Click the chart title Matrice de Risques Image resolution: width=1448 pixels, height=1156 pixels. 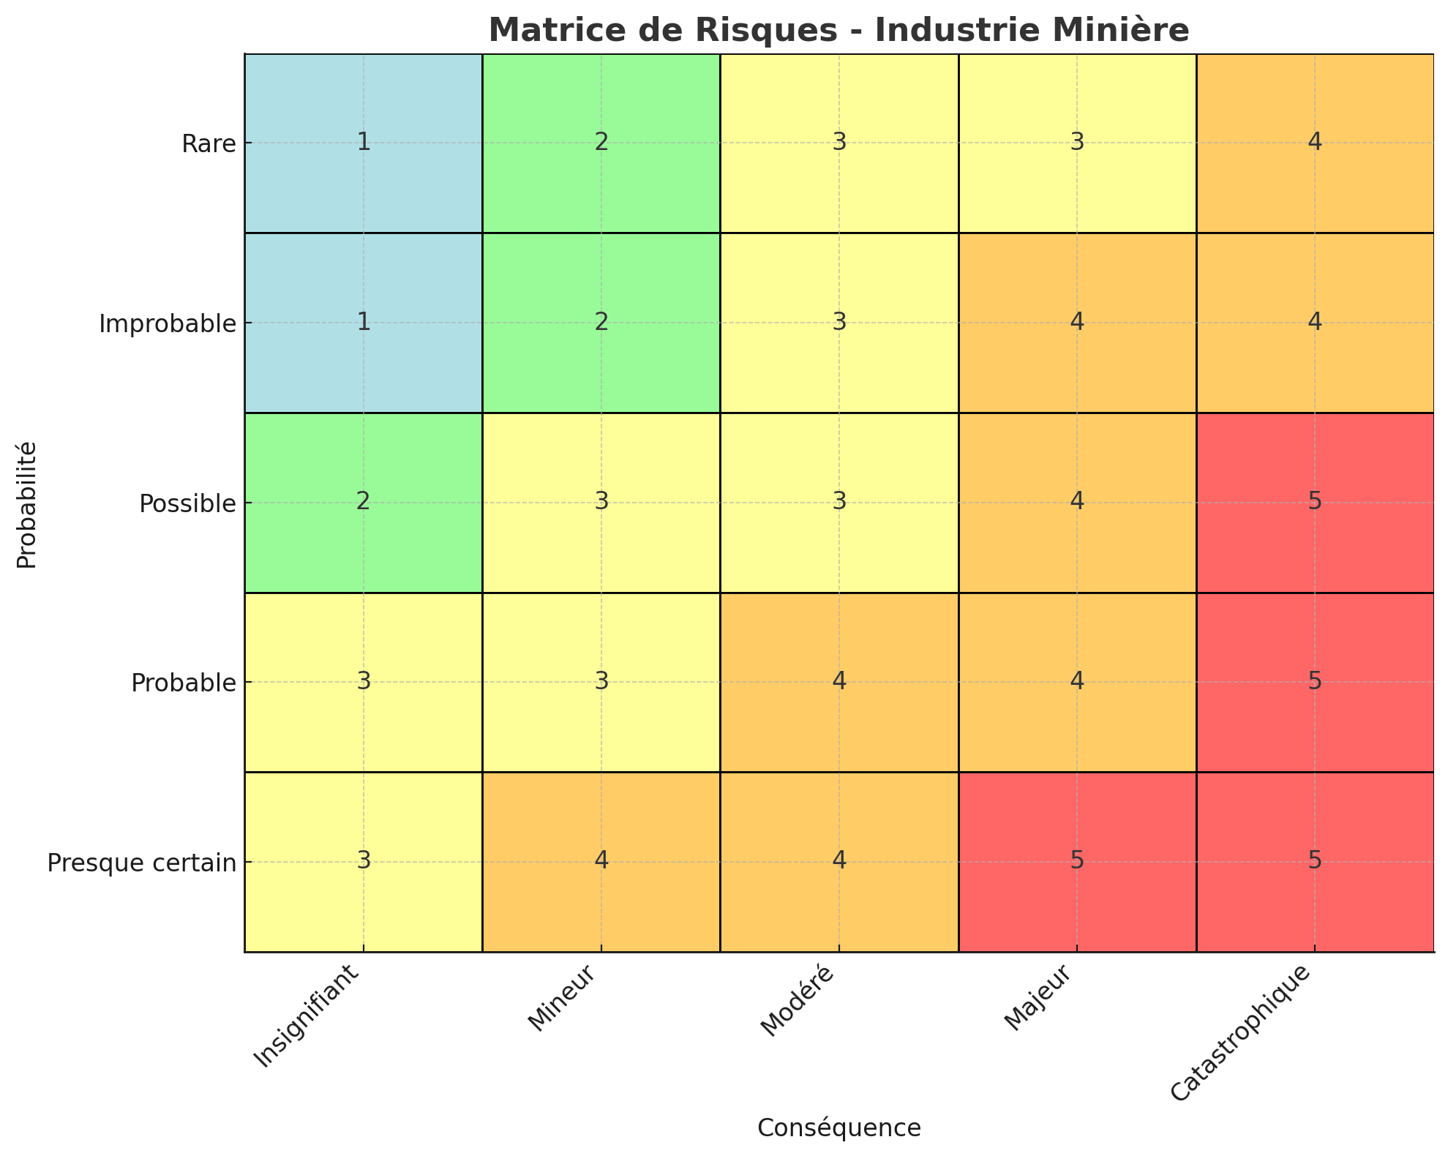point(839,31)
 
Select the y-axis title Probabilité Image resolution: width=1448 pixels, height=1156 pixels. point(27,503)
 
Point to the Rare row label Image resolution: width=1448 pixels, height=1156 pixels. point(209,143)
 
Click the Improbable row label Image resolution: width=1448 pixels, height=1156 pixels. point(168,323)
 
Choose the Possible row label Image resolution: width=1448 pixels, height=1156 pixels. point(187,503)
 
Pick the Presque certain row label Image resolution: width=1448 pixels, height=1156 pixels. point(142,863)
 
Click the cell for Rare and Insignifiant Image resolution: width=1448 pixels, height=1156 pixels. point(364,143)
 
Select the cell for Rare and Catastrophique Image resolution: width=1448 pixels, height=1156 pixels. point(1315,143)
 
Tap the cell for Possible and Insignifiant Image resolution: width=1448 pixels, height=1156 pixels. point(364,503)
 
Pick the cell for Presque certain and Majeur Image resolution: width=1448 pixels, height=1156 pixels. point(1077,862)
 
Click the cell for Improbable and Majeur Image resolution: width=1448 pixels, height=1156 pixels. point(1077,323)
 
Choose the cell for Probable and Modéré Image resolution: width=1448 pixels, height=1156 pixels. point(839,683)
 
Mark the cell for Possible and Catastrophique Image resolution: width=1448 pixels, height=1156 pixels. point(1315,503)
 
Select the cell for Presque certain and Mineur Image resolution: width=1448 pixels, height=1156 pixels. point(601,862)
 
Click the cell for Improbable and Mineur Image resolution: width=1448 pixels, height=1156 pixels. point(601,323)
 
